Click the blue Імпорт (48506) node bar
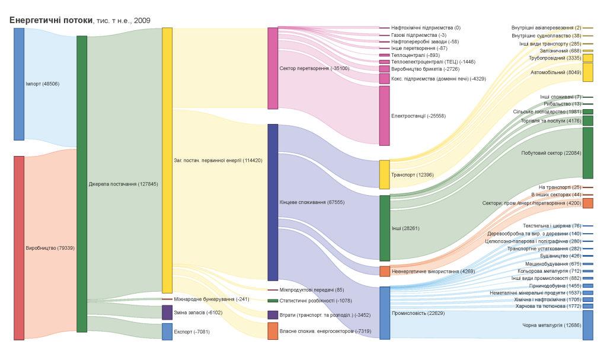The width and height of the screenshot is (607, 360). click(x=19, y=84)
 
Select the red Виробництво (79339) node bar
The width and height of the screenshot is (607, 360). click(x=19, y=248)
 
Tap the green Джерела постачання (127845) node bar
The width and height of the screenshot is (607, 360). click(x=82, y=184)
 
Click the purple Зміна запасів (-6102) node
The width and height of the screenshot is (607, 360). click(x=167, y=313)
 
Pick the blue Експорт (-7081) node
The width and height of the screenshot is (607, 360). click(x=167, y=332)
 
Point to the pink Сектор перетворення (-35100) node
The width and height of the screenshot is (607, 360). click(x=273, y=68)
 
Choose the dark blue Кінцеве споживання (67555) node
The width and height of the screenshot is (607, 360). click(x=273, y=202)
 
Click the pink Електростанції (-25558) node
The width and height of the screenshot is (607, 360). click(x=384, y=116)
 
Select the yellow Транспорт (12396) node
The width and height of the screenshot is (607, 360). click(x=384, y=174)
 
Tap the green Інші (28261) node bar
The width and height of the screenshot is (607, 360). click(x=384, y=228)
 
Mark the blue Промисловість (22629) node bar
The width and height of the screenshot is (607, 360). click(x=384, y=313)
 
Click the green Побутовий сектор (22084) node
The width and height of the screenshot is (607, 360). click(x=587, y=153)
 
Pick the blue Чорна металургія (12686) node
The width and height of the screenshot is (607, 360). click(x=587, y=325)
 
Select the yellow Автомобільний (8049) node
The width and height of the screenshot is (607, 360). click(x=587, y=72)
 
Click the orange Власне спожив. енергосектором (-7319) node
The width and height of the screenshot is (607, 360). click(x=273, y=331)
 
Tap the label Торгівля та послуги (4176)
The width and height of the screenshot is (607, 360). click(x=551, y=121)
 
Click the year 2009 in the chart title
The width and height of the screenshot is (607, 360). click(x=142, y=21)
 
